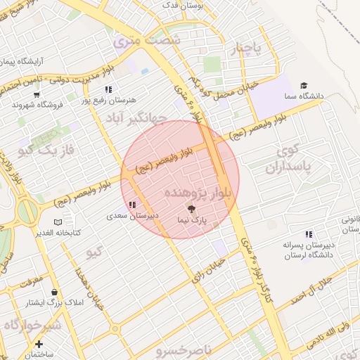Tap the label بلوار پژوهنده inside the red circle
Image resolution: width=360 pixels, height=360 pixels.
pos(198,193)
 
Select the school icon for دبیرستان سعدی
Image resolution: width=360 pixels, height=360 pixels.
pos(132,205)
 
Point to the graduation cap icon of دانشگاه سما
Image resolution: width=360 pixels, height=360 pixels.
pos(303,85)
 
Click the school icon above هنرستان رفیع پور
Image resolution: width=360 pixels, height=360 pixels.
pos(108,89)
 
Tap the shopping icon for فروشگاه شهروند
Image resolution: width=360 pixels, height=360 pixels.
pos(37,94)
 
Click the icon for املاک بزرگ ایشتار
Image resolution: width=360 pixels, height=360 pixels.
pos(54,292)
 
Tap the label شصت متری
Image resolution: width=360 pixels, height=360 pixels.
pos(148,41)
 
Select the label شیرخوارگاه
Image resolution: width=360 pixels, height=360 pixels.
pos(31,326)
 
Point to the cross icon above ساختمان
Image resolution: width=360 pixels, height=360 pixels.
pos(39,345)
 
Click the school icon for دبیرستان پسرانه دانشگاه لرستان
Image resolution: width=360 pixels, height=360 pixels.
pos(308,234)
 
